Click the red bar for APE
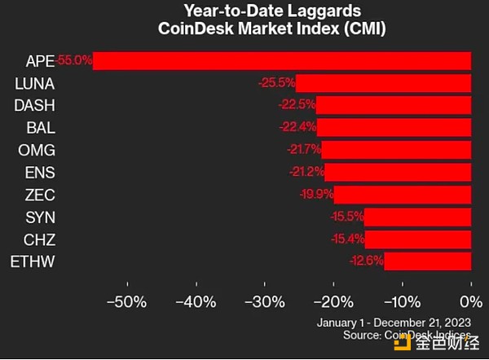(281, 61)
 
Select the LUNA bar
(383, 83)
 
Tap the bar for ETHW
(427, 261)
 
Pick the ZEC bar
(402, 194)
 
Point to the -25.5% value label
(278, 83)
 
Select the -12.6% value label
(366, 261)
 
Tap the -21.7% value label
(303, 150)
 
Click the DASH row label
(34, 105)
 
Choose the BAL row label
(40, 127)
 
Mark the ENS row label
(39, 172)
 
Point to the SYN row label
(39, 216)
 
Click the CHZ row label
(39, 239)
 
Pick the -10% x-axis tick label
(401, 301)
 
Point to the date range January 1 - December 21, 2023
(394, 322)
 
